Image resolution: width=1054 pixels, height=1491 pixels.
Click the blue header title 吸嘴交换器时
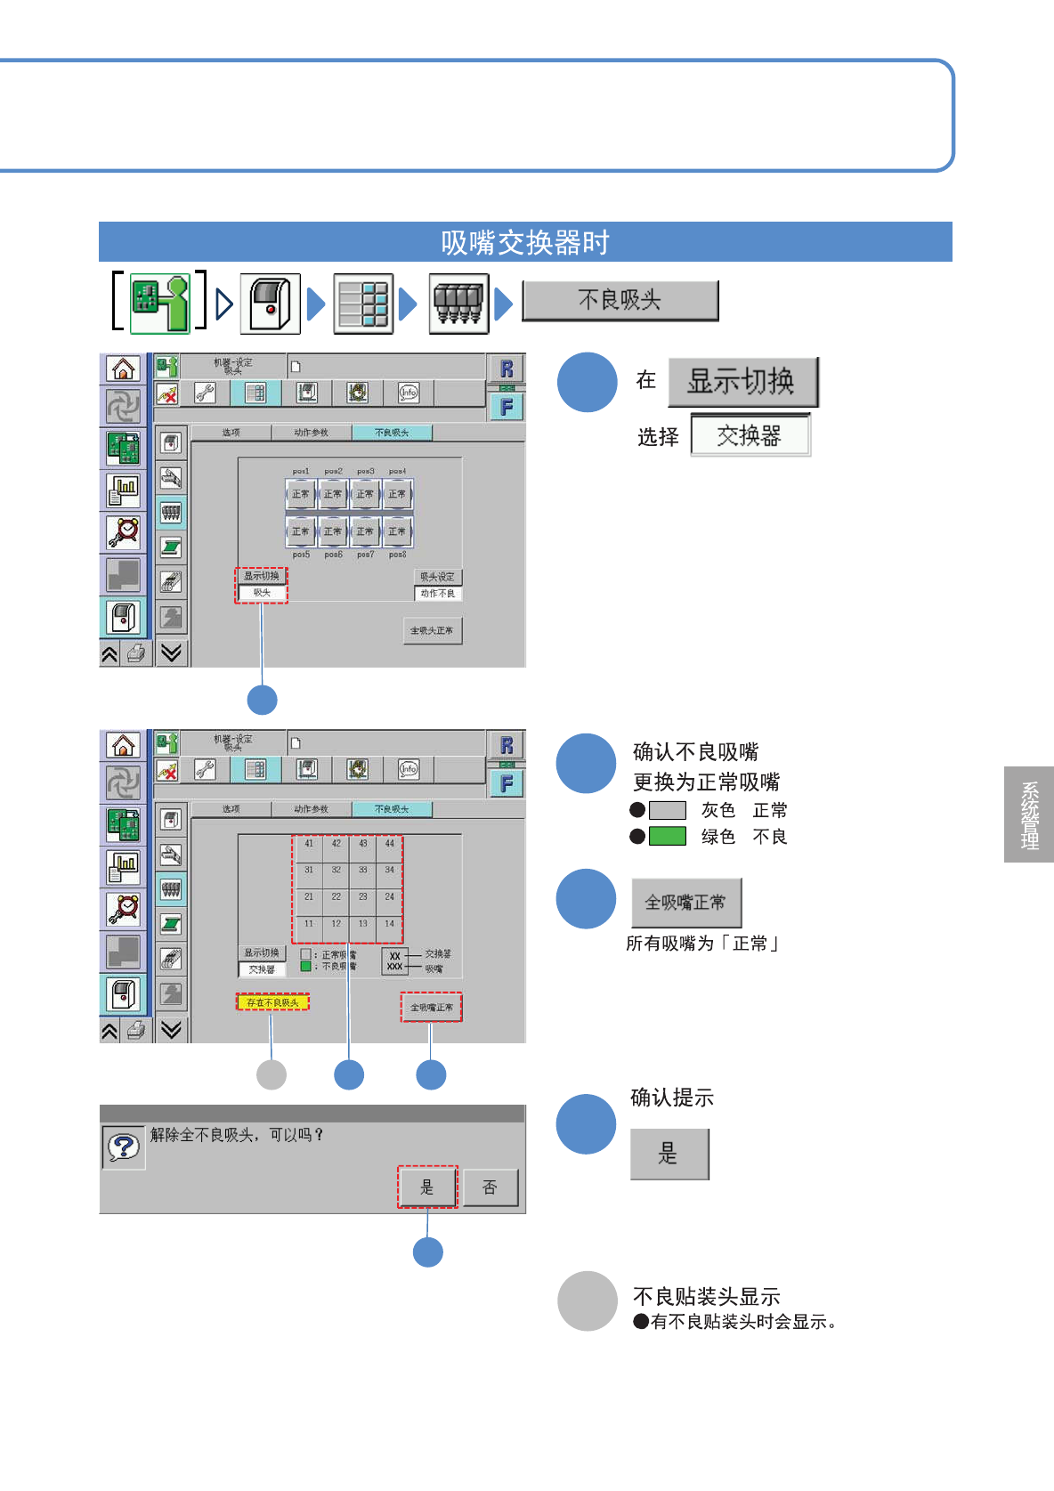click(525, 242)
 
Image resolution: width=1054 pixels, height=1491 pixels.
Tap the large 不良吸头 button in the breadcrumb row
click(620, 301)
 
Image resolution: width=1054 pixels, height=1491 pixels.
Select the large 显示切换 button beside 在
click(742, 382)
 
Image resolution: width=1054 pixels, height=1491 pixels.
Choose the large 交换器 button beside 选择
click(750, 435)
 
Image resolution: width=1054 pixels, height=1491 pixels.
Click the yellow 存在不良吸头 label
click(272, 1002)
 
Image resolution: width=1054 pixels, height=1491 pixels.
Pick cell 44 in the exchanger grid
click(390, 844)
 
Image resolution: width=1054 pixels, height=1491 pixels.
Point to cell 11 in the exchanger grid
click(309, 924)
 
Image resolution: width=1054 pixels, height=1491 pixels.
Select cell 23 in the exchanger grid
click(363, 897)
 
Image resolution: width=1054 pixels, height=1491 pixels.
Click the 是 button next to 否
click(427, 1187)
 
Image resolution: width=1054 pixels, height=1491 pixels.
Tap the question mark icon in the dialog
click(124, 1147)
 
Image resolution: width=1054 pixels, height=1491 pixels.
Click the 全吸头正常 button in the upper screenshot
click(432, 631)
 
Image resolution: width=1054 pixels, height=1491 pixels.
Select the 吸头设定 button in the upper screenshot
click(438, 577)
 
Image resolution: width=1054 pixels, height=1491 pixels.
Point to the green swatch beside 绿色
click(668, 837)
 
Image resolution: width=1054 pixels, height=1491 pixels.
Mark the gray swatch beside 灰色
click(668, 810)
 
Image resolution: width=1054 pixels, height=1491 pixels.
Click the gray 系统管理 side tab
click(1029, 814)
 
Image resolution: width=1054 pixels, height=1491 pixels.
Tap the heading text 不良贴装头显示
click(706, 1297)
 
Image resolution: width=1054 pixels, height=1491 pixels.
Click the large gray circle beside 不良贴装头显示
click(588, 1301)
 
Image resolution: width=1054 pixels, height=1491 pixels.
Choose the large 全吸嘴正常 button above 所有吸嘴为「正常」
click(685, 903)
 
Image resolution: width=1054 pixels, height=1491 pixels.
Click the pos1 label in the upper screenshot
click(301, 472)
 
